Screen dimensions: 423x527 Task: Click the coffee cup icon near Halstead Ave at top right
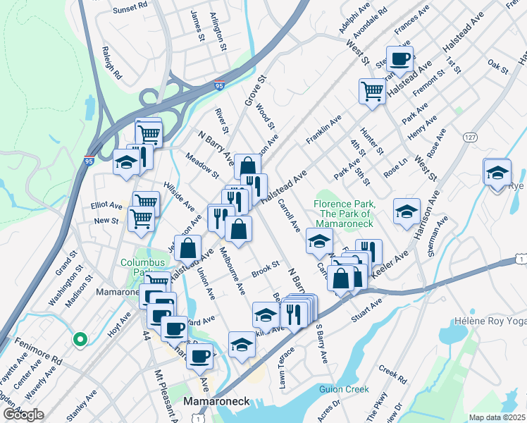[x=399, y=59]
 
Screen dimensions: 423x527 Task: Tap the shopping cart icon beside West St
[x=371, y=90]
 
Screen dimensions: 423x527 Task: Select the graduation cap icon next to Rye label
[x=497, y=171]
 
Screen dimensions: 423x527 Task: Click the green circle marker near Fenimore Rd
[x=80, y=340]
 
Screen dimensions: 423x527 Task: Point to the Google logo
[x=23, y=415]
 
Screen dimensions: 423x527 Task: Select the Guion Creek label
[x=344, y=388]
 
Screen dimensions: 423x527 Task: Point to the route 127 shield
[x=470, y=138]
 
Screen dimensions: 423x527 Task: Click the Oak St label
[x=497, y=66]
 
